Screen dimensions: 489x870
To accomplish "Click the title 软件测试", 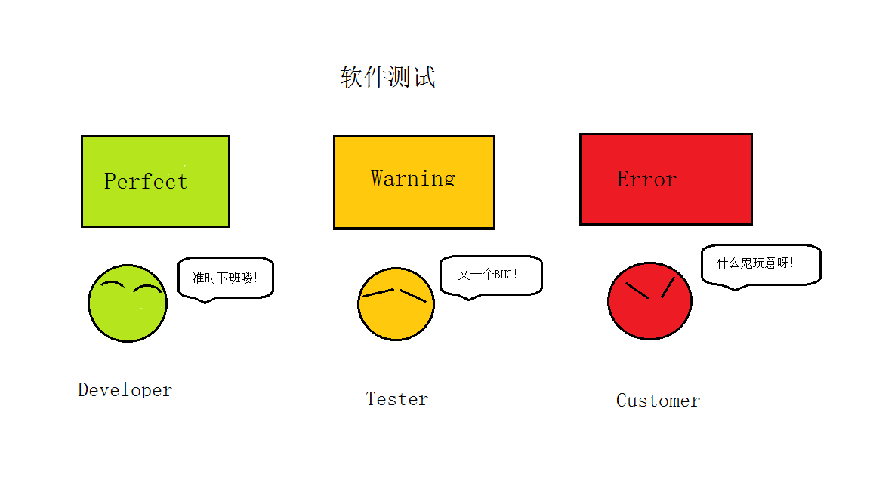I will (387, 77).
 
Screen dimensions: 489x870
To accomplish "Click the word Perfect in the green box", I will (146, 181).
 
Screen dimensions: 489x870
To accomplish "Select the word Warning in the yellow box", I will (413, 178).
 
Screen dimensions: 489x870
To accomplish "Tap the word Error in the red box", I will (646, 179).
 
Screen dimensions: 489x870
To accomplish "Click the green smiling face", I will (127, 313).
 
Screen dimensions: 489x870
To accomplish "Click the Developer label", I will (125, 390).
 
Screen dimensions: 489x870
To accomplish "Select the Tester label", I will (397, 399).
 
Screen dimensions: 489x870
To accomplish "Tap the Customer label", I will (658, 401).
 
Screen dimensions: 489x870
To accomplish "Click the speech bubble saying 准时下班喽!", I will (225, 278).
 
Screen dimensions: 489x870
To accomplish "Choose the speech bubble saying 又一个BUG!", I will (491, 275).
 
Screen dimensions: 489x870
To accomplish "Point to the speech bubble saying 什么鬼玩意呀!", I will (760, 264).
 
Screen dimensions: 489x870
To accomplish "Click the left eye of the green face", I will (113, 284).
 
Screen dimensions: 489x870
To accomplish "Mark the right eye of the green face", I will (147, 288).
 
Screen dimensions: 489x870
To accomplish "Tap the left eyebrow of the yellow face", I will (378, 292).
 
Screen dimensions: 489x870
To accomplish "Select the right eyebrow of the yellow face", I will (413, 296).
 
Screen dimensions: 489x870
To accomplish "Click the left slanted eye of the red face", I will (637, 291).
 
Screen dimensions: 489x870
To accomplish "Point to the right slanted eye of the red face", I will (668, 287).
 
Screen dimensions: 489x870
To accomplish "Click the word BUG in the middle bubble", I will (502, 275).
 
